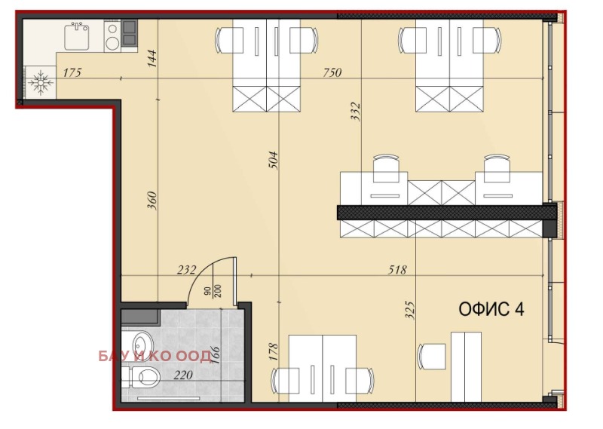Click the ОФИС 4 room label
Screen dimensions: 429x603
[491, 308]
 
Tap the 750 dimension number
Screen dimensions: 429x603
[332, 73]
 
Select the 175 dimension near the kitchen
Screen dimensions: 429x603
[72, 73]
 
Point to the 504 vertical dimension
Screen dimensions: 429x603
[274, 160]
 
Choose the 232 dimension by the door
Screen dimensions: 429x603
[186, 269]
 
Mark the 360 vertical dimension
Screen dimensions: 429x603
[152, 200]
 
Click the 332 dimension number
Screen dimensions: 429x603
[356, 112]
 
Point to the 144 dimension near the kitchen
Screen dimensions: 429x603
[152, 58]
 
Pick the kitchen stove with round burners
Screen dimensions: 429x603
[112, 36]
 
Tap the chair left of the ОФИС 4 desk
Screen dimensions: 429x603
[432, 355]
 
